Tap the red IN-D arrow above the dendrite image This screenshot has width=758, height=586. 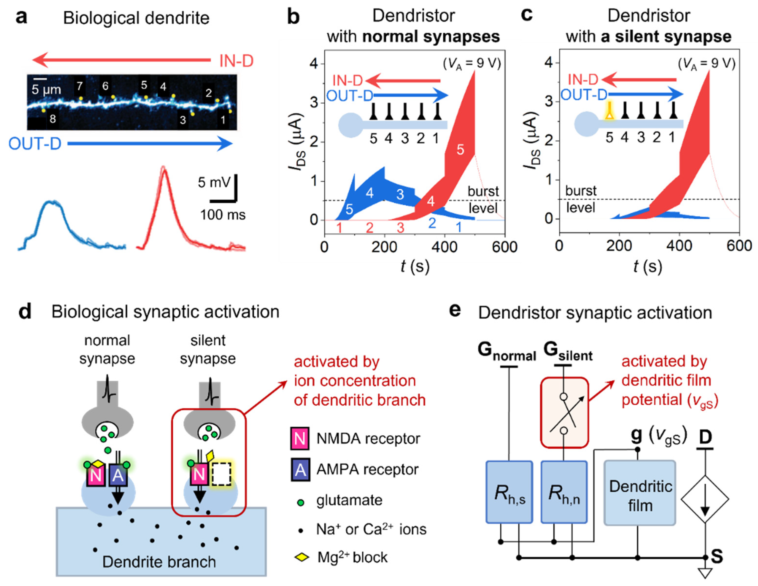click(x=121, y=60)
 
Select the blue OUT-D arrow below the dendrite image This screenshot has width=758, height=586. click(x=149, y=143)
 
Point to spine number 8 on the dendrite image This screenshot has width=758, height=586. click(x=52, y=119)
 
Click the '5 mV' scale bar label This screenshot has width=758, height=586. click(x=214, y=182)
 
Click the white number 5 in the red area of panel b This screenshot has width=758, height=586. click(x=460, y=150)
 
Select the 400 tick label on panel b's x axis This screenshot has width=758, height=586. click(x=444, y=247)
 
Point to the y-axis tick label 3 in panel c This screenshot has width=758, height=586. click(x=548, y=102)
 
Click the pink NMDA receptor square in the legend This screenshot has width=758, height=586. click(x=300, y=439)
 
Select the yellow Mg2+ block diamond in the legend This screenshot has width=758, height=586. click(x=301, y=557)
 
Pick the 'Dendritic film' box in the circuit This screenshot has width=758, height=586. click(x=640, y=493)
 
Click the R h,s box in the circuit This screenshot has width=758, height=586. click(x=509, y=492)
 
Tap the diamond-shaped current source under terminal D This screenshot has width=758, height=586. click(x=705, y=499)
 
